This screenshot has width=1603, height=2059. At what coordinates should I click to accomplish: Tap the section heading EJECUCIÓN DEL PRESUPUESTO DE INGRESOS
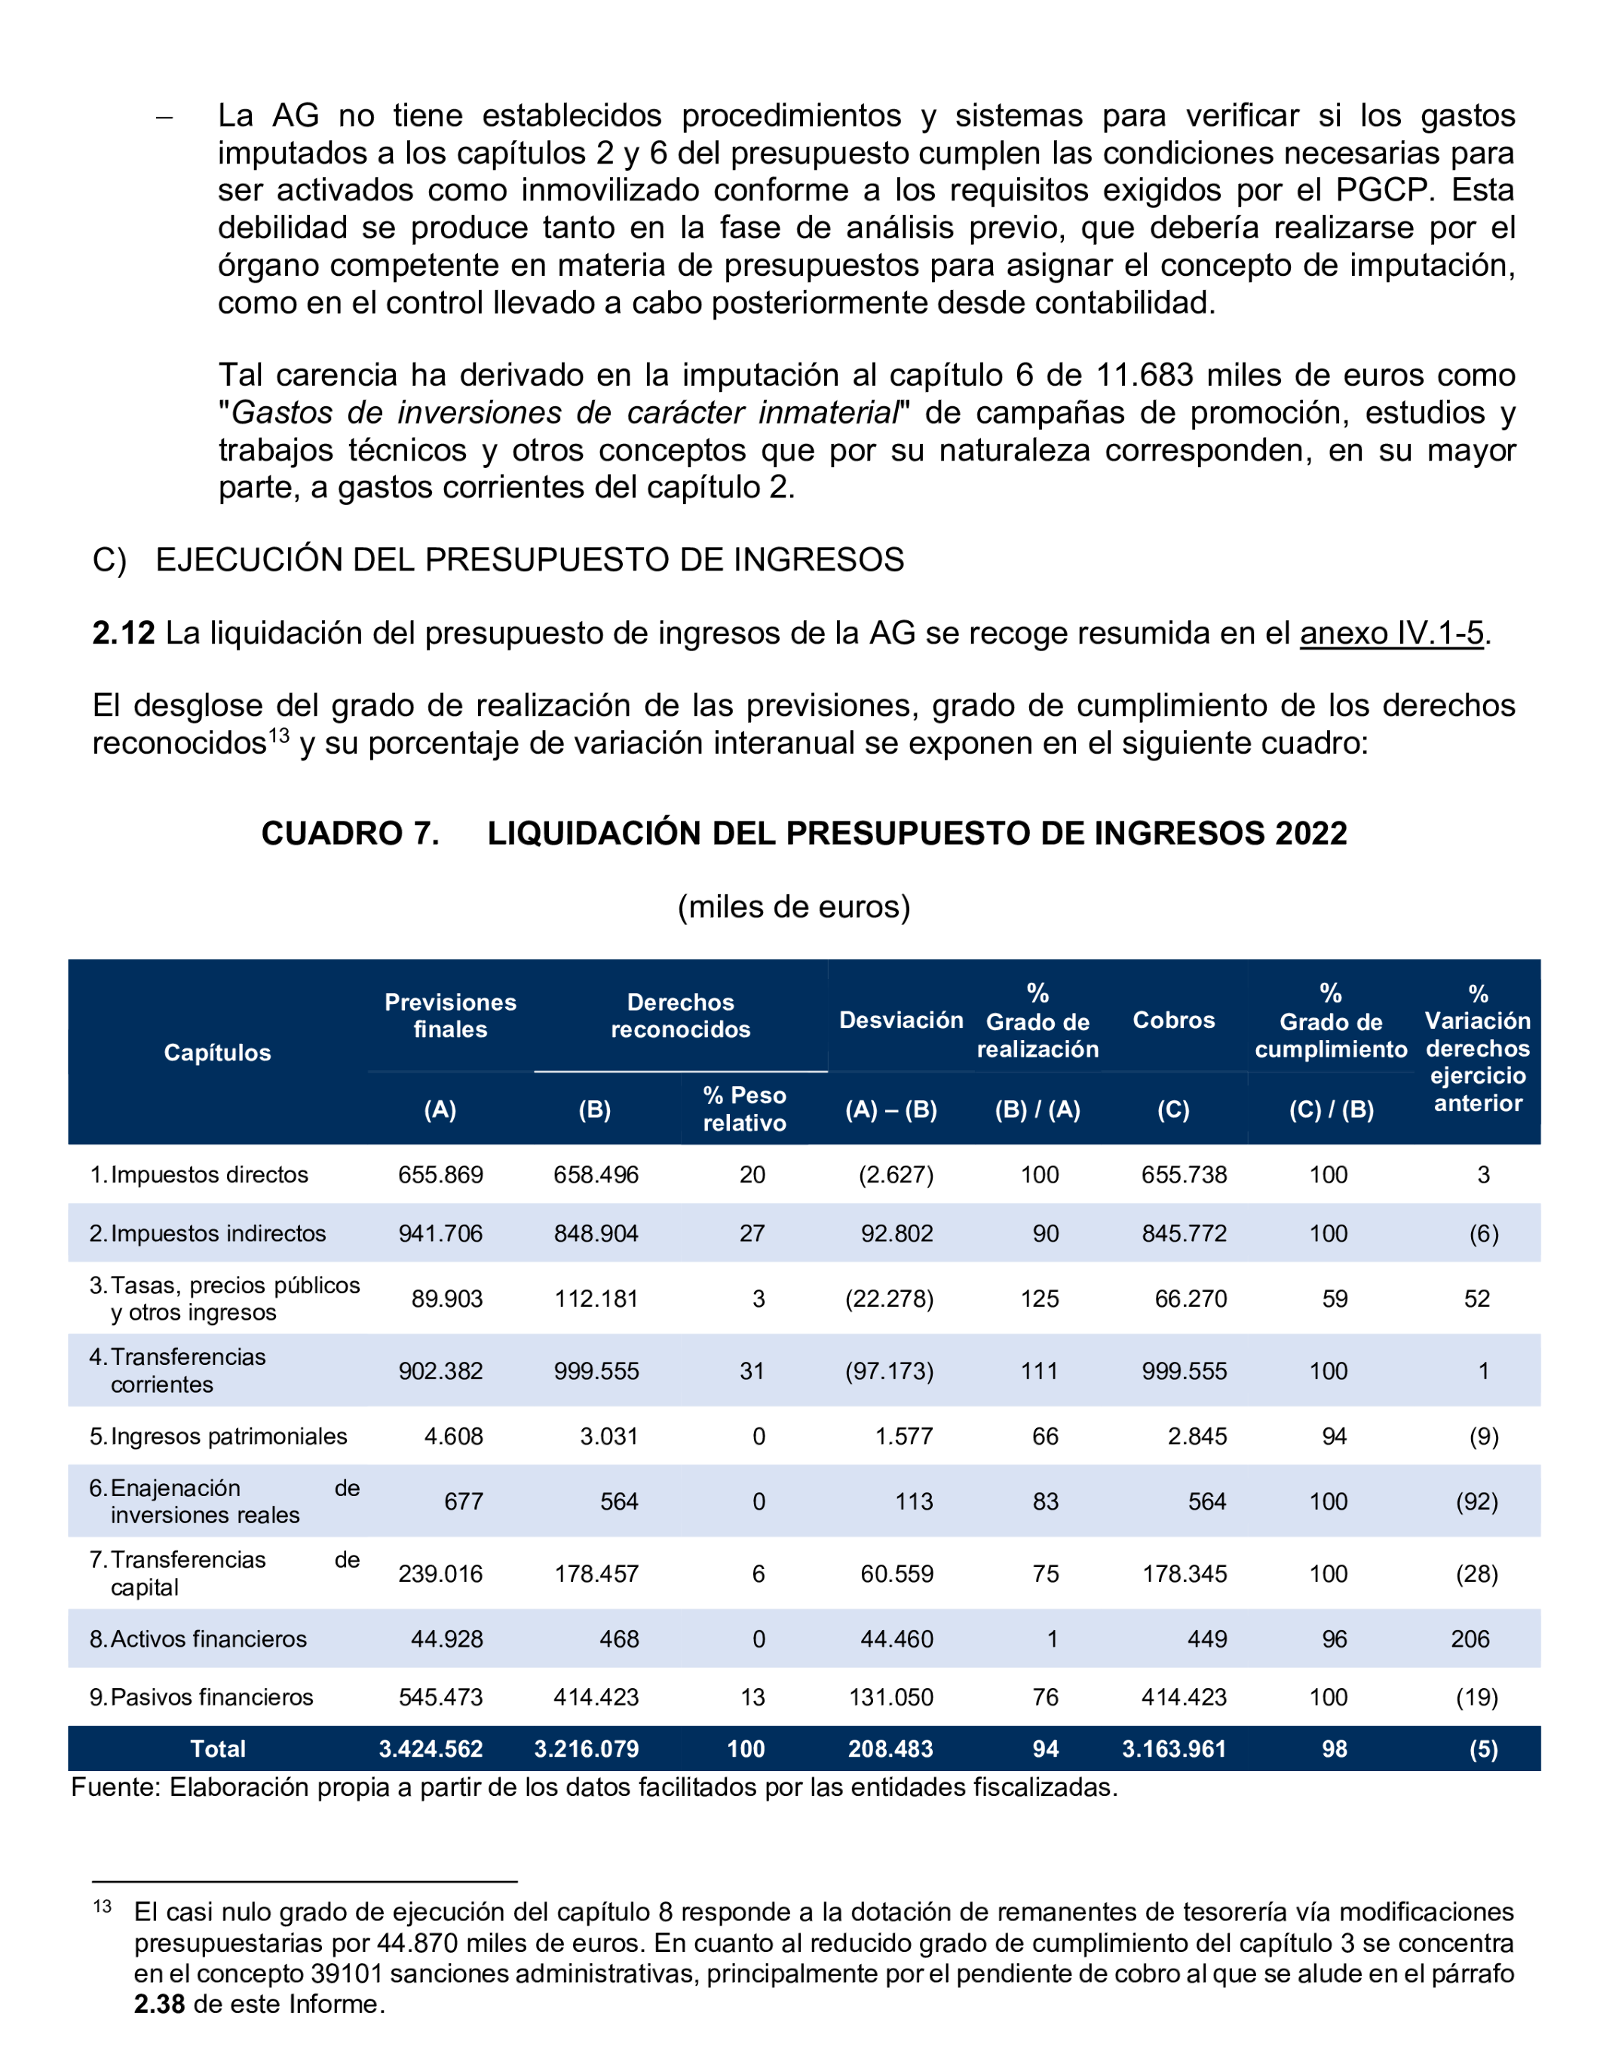pos(529,560)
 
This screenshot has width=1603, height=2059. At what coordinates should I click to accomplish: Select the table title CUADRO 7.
pos(350,834)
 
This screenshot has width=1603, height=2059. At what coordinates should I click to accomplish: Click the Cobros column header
pos(1173,1020)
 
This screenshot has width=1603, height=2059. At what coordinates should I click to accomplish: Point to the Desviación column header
pos(900,1020)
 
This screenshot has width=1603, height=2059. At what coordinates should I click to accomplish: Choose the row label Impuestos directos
pos(210,1175)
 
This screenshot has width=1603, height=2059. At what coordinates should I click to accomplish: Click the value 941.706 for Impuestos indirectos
pos(440,1233)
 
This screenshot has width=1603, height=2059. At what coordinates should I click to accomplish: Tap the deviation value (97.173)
pos(889,1371)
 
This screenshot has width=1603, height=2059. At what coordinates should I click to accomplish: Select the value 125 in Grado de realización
pos(1039,1299)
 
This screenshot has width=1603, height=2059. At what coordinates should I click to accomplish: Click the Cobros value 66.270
pos(1191,1299)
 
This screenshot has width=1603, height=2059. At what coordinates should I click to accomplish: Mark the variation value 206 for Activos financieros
pos(1470,1638)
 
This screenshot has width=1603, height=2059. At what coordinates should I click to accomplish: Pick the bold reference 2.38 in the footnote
pos(158,2003)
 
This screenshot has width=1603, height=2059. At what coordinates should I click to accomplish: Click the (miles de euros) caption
pos(794,907)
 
